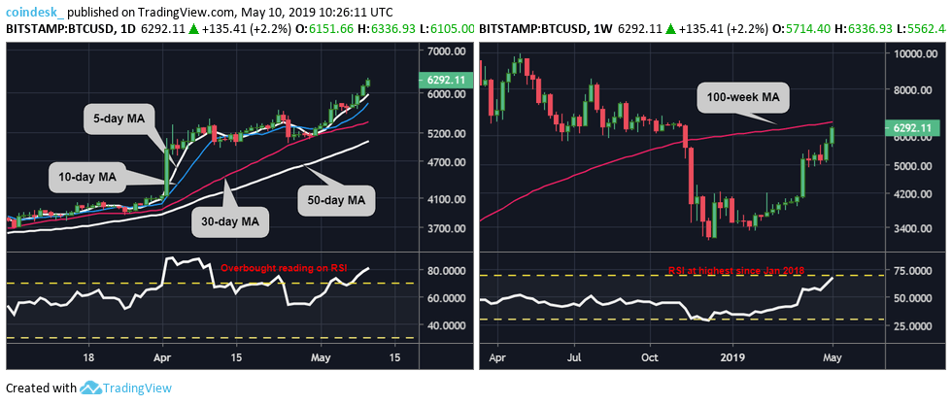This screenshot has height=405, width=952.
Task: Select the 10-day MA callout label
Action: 85,177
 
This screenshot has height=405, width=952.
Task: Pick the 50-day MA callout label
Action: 331,200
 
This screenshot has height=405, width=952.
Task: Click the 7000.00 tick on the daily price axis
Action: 447,51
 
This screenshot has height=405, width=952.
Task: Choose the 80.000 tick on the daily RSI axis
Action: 447,270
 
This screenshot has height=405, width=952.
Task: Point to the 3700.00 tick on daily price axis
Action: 447,228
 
